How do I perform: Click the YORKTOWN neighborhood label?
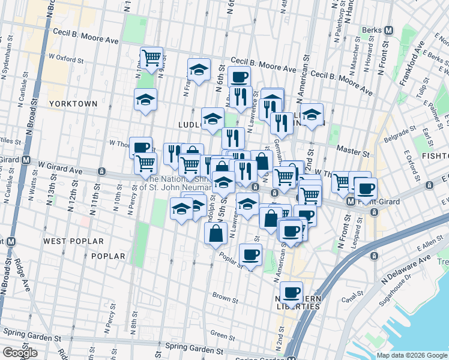(78, 103)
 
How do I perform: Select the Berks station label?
(373, 30)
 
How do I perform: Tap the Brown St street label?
(226, 296)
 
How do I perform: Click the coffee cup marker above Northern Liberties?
(291, 292)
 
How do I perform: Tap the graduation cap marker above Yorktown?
(145, 99)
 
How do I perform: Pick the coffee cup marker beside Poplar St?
(250, 254)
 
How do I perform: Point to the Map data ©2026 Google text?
(412, 355)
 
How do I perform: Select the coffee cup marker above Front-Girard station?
(364, 188)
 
